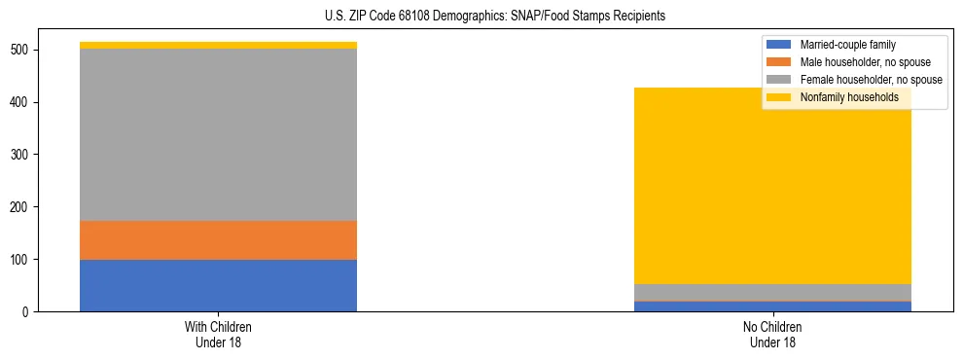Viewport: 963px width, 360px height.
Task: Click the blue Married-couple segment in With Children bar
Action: point(218,285)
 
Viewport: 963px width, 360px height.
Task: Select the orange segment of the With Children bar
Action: point(218,240)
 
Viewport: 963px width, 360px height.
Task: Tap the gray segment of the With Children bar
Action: point(218,134)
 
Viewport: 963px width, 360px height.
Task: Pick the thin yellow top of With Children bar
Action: point(218,45)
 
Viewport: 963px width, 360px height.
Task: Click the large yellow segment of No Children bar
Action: point(772,185)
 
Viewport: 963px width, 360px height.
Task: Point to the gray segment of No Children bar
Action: point(772,293)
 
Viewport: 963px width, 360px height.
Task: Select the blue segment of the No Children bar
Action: point(772,306)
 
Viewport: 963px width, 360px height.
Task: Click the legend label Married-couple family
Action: point(847,45)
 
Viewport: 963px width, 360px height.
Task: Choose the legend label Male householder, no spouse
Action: point(865,62)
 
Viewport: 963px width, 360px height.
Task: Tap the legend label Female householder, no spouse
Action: point(871,80)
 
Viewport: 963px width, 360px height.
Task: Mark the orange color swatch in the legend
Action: point(779,62)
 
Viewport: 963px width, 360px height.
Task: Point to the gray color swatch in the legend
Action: point(779,80)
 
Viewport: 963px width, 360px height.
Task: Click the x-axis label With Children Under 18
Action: point(218,335)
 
